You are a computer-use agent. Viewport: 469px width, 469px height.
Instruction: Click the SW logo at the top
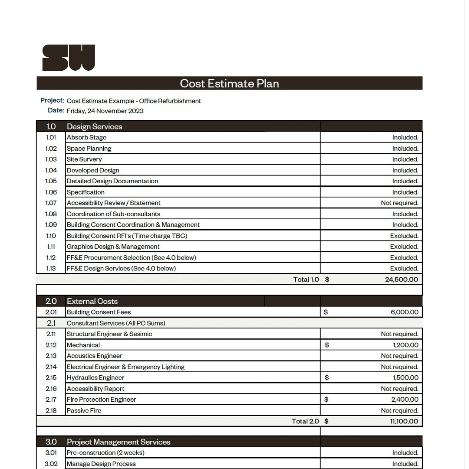68,58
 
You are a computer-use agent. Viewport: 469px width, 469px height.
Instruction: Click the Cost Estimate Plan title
229,83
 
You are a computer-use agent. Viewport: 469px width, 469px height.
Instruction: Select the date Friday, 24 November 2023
105,111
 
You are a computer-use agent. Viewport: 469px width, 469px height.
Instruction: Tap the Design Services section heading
94,127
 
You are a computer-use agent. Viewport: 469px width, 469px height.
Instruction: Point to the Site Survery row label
84,159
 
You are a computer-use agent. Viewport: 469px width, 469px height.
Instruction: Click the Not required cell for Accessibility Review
399,203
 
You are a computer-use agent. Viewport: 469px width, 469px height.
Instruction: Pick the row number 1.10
51,236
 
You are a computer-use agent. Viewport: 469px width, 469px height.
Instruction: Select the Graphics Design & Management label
113,247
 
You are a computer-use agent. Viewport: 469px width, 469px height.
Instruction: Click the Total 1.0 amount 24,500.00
401,280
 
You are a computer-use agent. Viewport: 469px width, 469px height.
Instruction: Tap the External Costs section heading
92,301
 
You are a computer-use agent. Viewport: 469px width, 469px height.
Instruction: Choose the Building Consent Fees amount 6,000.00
404,312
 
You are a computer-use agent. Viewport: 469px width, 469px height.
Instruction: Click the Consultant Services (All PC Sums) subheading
116,323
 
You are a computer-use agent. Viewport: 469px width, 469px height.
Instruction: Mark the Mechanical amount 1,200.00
406,345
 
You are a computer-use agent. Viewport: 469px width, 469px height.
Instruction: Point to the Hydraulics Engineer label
96,378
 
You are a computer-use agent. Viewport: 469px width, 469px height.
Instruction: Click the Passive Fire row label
84,410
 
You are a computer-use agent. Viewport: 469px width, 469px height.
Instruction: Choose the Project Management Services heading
119,442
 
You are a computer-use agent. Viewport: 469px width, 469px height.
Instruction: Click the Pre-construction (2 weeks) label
106,453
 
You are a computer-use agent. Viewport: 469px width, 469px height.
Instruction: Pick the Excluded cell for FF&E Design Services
404,268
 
